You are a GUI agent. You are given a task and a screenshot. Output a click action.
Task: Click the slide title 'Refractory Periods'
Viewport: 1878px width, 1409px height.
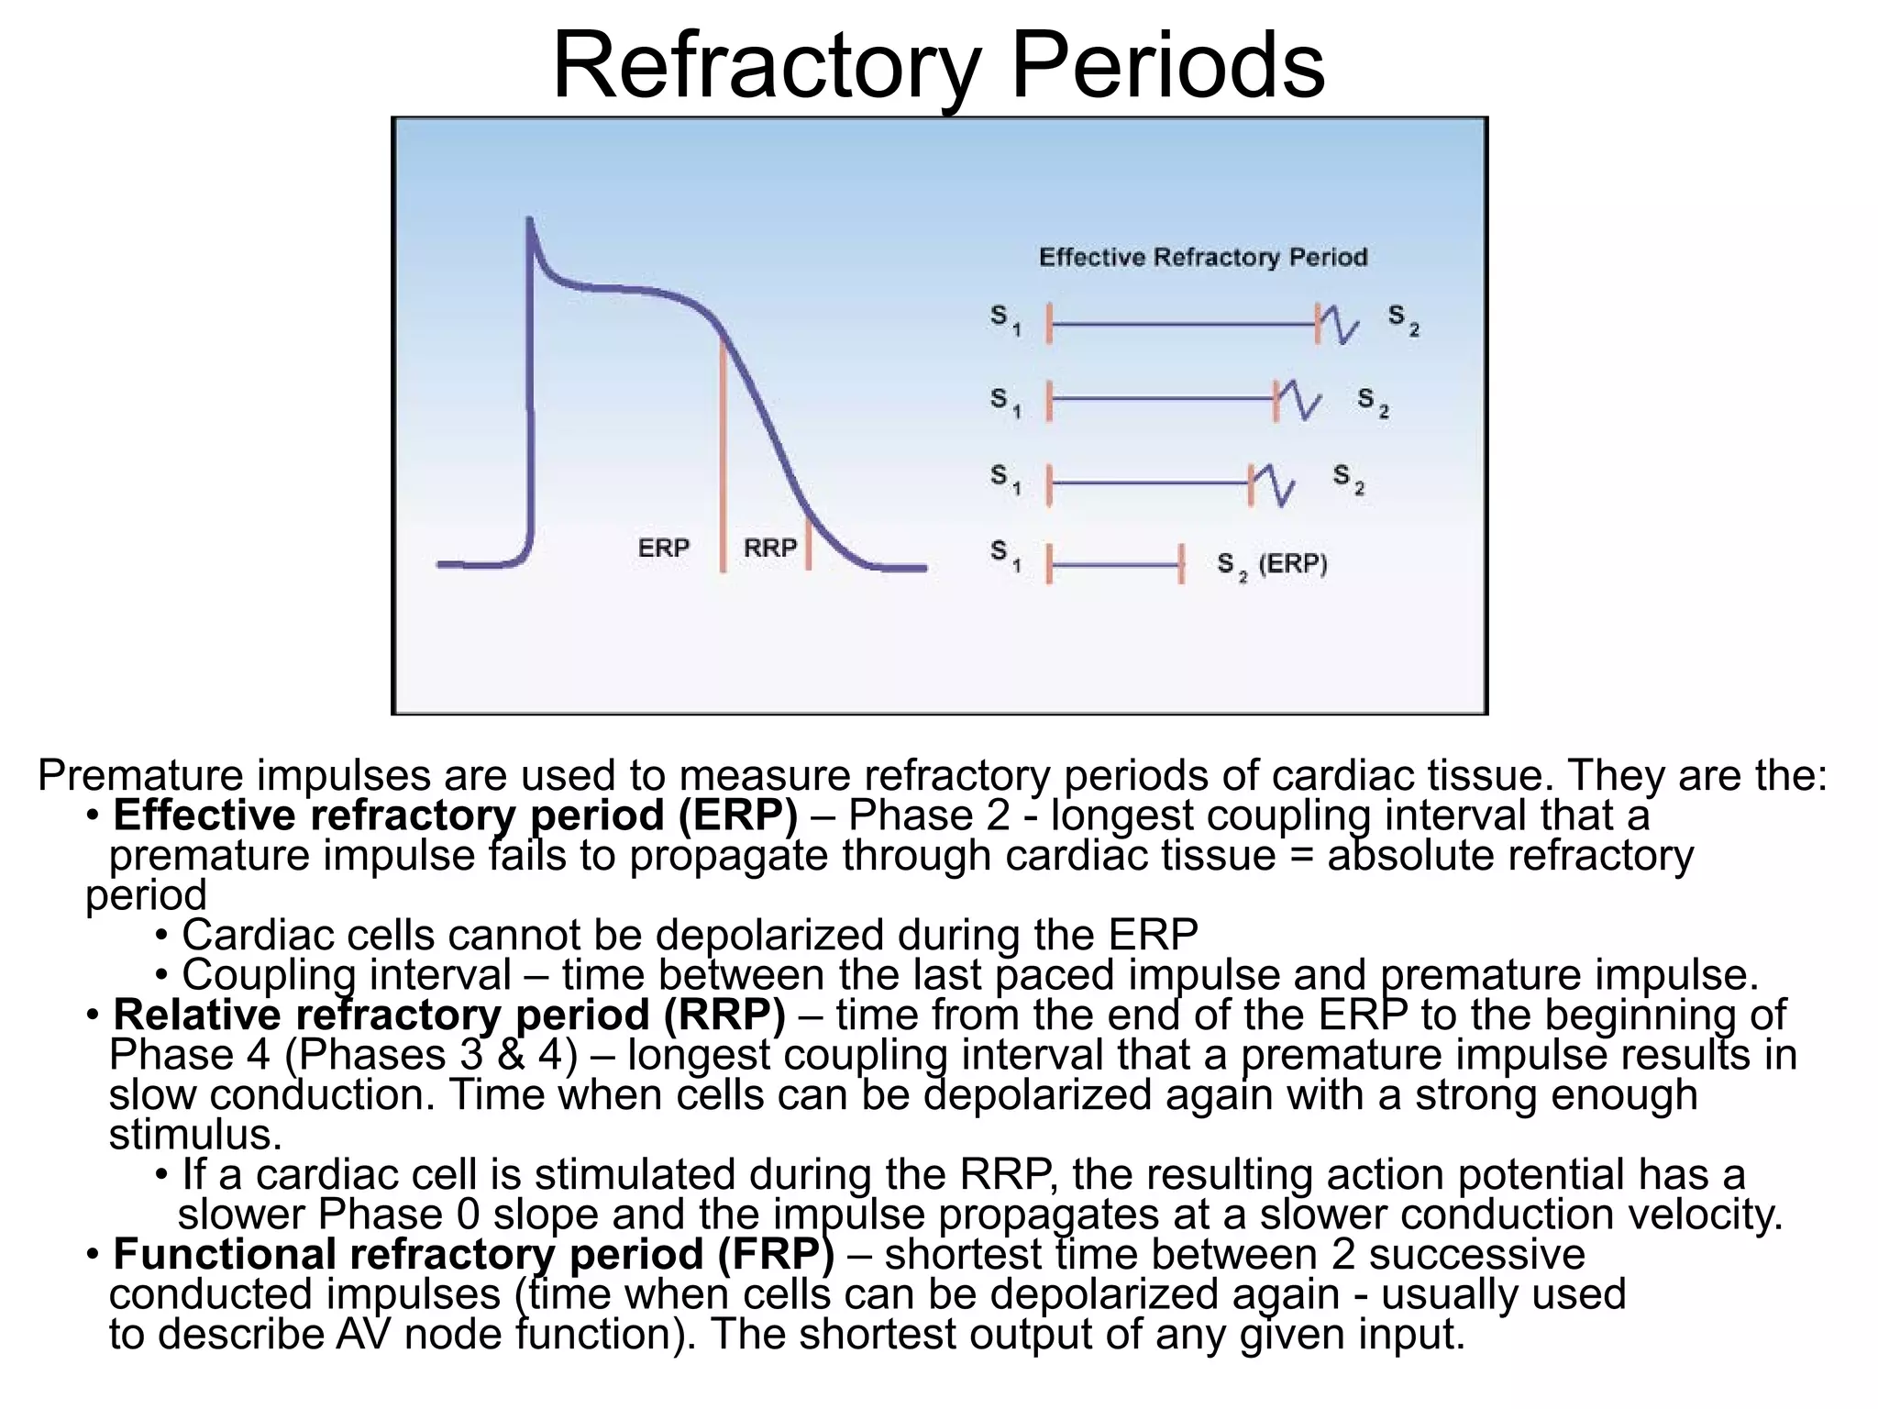938,66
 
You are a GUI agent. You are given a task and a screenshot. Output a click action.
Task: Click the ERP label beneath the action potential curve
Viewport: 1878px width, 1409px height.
663,548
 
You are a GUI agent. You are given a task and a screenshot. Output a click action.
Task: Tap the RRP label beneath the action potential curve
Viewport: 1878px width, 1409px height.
769,548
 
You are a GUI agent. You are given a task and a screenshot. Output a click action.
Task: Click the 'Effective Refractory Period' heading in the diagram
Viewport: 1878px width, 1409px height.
1202,257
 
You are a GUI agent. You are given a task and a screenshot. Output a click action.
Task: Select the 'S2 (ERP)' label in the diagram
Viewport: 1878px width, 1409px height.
1272,564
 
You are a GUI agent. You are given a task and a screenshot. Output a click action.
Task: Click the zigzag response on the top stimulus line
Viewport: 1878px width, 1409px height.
1340,325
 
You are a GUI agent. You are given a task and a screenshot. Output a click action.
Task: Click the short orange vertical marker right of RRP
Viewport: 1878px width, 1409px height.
808,544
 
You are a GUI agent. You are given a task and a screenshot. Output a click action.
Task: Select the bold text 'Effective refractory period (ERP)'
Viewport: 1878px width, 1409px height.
455,815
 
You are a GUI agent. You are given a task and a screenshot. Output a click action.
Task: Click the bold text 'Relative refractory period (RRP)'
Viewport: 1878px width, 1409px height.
448,1015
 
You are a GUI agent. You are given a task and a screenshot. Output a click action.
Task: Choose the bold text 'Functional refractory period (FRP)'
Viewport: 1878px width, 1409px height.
473,1254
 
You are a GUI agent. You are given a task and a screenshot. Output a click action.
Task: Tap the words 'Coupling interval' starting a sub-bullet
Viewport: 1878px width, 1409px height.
346,974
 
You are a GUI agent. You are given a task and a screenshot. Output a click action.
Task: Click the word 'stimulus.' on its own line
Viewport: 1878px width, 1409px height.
195,1135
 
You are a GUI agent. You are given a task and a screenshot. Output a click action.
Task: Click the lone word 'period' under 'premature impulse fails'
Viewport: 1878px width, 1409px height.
146,895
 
